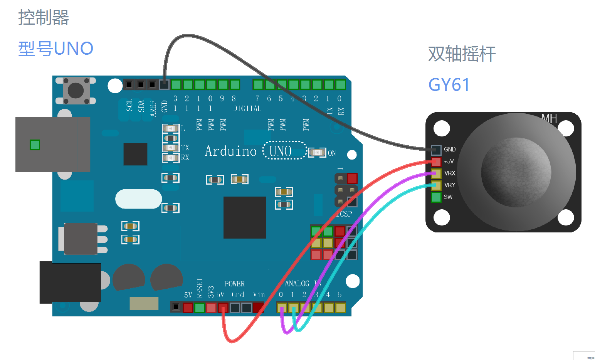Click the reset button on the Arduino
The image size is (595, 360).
point(76,90)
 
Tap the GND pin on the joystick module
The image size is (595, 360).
point(436,150)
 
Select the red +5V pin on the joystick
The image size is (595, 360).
point(436,161)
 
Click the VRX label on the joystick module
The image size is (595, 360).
point(450,173)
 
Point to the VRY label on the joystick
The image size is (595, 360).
point(450,185)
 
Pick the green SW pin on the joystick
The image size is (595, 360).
point(436,197)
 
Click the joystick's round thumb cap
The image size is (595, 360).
point(516,172)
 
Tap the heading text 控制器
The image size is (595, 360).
point(44,18)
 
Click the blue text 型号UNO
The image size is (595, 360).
point(56,49)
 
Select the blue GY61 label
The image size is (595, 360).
point(449,85)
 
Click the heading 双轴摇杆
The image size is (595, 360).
point(462,54)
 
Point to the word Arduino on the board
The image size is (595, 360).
point(230,151)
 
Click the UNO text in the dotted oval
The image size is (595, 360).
point(281,151)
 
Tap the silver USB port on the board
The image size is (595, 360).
point(53,145)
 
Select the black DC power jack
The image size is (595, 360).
point(70,283)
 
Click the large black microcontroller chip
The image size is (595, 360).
point(244,217)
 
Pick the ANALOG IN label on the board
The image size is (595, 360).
point(303,284)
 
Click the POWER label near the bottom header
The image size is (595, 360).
point(234,284)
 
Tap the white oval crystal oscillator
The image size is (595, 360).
point(138,199)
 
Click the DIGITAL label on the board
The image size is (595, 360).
point(247,109)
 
